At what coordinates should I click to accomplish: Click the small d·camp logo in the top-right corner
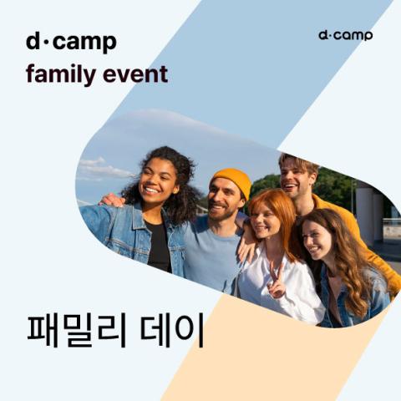coord(345,36)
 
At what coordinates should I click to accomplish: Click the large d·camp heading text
coord(71,42)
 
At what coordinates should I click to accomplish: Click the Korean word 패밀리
coord(80,332)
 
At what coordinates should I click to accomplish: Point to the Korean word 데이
coord(175,332)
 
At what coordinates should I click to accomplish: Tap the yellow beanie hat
coord(231,180)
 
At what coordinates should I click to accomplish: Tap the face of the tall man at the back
coord(295,177)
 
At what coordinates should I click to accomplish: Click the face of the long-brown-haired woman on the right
coord(318,238)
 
